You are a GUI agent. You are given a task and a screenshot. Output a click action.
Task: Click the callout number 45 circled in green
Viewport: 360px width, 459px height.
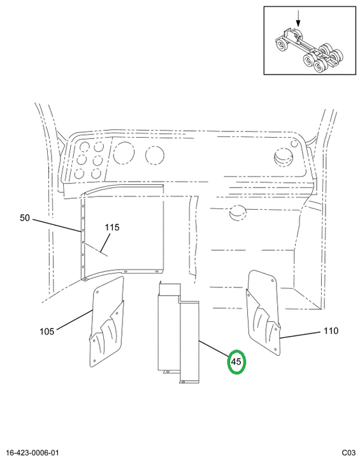tap(236, 362)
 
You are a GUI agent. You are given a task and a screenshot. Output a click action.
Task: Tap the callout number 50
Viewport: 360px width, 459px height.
tap(25, 218)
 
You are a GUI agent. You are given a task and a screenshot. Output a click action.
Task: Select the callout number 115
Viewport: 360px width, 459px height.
tap(112, 227)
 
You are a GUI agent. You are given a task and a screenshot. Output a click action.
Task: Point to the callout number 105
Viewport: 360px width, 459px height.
tap(47, 331)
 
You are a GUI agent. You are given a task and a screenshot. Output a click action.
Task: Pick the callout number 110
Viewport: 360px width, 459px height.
tap(331, 331)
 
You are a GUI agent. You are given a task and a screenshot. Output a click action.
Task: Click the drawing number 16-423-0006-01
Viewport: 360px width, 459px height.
tap(32, 453)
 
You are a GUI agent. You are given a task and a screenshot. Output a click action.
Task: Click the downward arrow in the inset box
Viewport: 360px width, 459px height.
tap(298, 18)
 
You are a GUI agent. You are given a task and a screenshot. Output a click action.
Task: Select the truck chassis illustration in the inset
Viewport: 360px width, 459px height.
tap(309, 50)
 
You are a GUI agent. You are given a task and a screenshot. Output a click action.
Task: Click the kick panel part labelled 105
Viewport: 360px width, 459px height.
tap(107, 322)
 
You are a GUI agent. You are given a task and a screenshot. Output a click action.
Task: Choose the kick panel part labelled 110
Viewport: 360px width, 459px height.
tap(264, 312)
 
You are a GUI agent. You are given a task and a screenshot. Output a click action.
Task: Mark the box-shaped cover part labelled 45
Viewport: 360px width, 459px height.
tap(178, 332)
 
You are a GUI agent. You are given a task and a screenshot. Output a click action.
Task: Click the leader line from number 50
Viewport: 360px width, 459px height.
tap(57, 226)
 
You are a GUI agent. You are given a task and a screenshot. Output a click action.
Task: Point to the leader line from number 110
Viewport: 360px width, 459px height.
tap(299, 335)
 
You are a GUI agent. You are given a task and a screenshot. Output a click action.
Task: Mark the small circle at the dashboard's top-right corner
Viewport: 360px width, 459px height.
tap(294, 143)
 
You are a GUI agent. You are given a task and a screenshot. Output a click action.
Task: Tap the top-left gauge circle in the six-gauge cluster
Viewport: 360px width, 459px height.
tap(84, 147)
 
